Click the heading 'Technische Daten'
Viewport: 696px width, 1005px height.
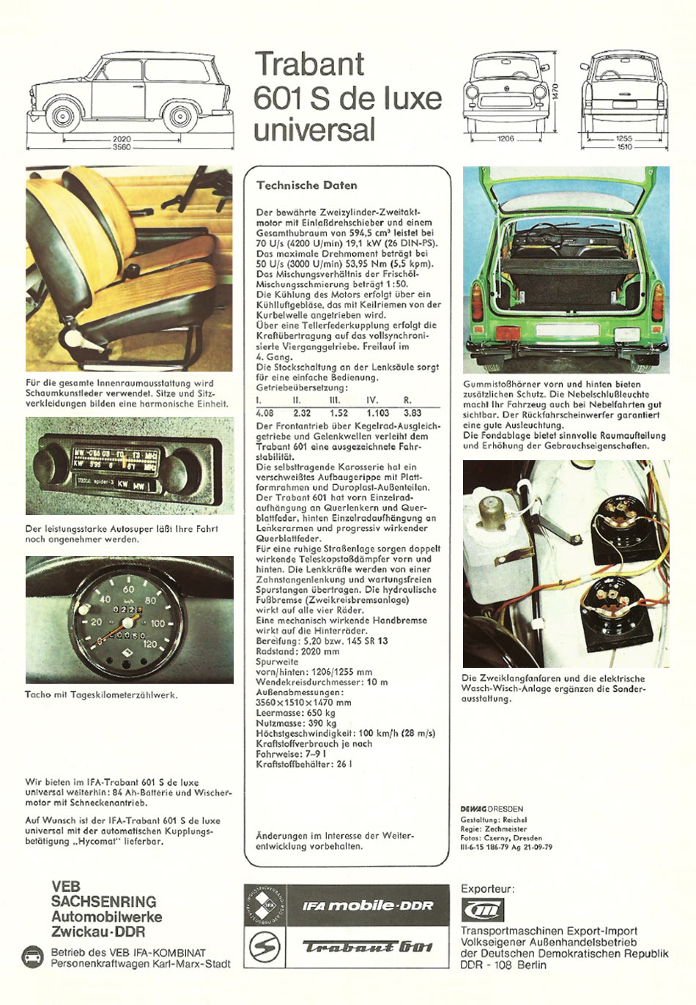click(306, 185)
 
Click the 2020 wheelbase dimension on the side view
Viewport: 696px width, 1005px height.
click(122, 139)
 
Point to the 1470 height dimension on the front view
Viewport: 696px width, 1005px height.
click(556, 92)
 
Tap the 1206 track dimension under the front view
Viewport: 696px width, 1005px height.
click(506, 138)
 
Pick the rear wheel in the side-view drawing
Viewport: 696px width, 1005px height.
click(179, 116)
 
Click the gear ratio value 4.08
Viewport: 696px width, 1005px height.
click(264, 413)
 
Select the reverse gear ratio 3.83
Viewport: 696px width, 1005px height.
click(412, 413)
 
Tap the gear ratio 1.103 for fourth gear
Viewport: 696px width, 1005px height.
click(377, 413)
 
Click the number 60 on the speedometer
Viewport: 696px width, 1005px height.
click(128, 589)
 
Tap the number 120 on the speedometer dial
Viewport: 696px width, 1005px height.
click(149, 645)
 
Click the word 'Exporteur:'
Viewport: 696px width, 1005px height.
click(487, 889)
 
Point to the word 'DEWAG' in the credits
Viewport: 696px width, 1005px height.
click(473, 809)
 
